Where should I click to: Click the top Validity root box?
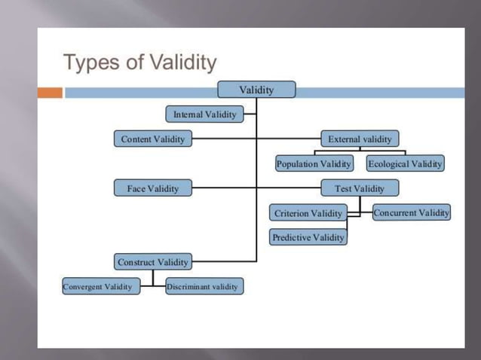tap(256, 90)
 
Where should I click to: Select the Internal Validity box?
tap(204, 114)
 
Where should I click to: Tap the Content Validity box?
tap(153, 139)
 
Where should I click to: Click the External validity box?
tap(360, 139)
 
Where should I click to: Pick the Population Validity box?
tap(314, 163)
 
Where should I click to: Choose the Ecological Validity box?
tap(406, 163)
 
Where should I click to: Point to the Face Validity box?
tap(153, 188)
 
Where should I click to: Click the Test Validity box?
tap(360, 188)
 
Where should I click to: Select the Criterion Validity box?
tap(308, 213)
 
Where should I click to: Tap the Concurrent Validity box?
tap(411, 212)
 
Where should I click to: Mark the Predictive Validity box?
tap(308, 237)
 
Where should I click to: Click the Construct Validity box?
tap(153, 262)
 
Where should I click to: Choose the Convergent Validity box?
tap(100, 287)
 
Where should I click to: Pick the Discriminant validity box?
tap(204, 287)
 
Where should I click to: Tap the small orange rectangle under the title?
tap(51, 93)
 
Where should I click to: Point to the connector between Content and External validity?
tap(226, 139)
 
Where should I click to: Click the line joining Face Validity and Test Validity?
tap(226, 188)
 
